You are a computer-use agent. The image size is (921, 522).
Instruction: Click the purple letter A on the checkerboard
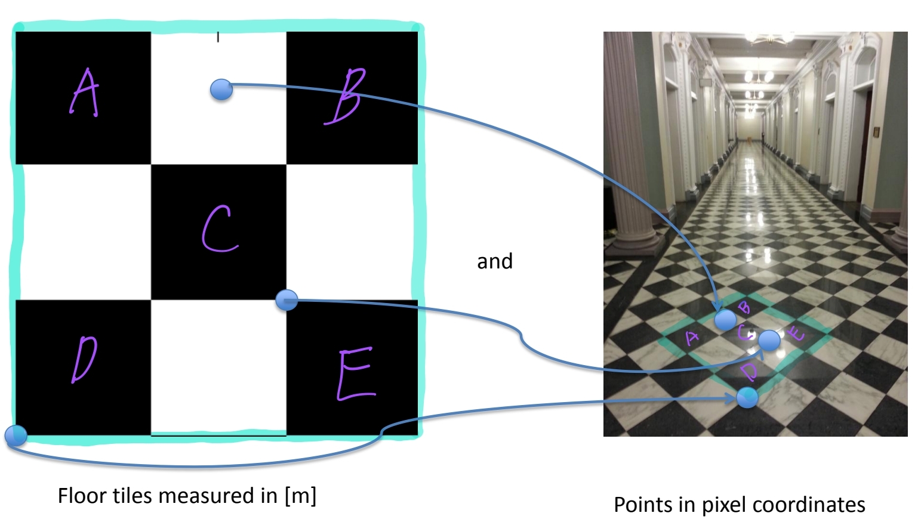(84, 92)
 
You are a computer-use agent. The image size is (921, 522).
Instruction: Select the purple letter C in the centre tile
(220, 230)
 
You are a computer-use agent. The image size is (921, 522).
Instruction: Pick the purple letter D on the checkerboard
(84, 360)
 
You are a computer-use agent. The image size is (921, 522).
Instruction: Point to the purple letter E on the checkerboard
(356, 373)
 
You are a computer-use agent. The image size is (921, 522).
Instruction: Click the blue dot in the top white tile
(221, 89)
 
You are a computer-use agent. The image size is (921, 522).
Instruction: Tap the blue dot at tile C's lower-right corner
(287, 299)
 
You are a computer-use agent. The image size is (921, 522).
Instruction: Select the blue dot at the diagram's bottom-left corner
(16, 435)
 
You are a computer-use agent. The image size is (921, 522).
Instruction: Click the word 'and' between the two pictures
(494, 261)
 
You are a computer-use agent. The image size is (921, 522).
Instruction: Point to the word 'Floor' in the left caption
(81, 495)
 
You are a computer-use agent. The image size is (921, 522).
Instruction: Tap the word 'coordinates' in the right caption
(807, 505)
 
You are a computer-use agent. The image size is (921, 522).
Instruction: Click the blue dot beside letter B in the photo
(726, 320)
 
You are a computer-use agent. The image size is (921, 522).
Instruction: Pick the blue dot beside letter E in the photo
(769, 340)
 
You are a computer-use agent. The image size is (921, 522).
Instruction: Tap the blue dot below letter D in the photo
(747, 397)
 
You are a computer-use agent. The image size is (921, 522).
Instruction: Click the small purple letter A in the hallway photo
(692, 338)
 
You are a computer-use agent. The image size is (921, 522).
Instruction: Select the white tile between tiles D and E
(218, 367)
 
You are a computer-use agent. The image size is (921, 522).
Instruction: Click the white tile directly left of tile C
(84, 233)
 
